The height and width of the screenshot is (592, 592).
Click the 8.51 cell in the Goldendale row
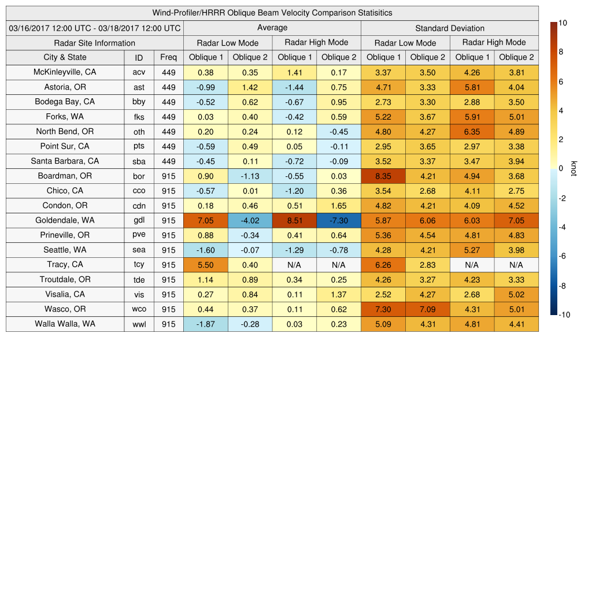294,220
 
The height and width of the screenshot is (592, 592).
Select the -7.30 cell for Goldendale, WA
338,220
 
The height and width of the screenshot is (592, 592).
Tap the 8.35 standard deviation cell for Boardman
383,176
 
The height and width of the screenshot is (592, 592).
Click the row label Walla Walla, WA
65,324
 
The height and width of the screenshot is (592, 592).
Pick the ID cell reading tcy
139,264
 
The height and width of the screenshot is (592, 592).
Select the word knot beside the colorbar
573,169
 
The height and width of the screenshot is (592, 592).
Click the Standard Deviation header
450,28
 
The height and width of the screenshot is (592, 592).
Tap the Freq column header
168,57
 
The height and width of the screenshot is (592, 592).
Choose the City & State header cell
65,57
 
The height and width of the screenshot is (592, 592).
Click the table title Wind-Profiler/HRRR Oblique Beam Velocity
272,13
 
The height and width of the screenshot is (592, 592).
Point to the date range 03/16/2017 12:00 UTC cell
94,28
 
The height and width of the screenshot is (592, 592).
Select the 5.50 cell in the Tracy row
205,264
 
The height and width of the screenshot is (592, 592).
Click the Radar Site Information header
94,43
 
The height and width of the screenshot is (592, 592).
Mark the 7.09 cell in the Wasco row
427,309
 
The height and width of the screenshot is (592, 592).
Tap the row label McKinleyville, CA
65,72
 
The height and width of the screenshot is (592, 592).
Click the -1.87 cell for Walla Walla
205,324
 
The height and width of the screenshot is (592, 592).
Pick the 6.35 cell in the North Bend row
472,131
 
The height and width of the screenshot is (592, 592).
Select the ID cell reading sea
139,250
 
